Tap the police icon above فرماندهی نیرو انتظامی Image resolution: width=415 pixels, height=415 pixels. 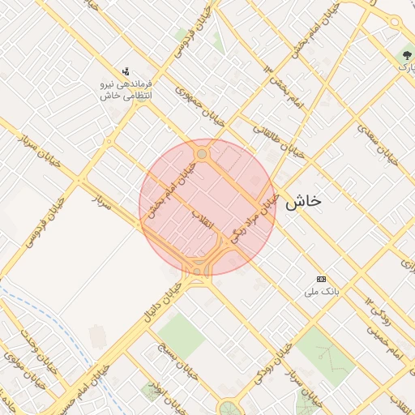click(x=126, y=71)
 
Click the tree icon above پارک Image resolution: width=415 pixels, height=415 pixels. click(x=404, y=54)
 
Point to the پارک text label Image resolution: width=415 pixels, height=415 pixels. click(x=404, y=67)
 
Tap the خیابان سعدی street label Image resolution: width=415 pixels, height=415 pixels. click(x=380, y=146)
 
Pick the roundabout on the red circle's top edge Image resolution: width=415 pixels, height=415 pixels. click(x=202, y=154)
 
